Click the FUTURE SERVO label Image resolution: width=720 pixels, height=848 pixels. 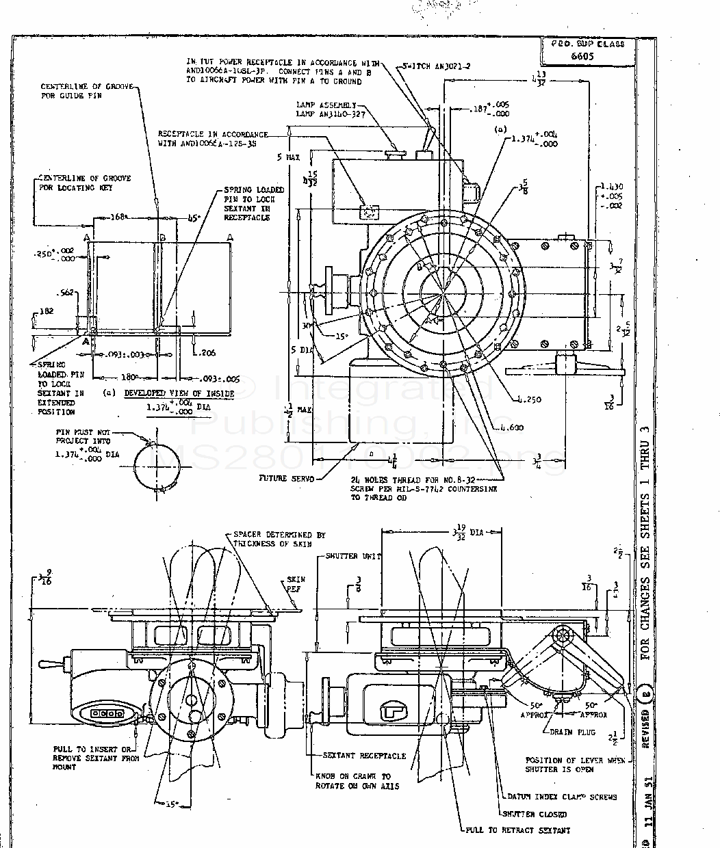pyautogui.click(x=286, y=478)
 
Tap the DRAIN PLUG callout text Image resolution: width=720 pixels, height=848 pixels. pyautogui.click(x=573, y=731)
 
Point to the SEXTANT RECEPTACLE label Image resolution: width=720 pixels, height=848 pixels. pyautogui.click(x=364, y=756)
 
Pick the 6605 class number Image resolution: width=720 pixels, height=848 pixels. pyautogui.click(x=582, y=57)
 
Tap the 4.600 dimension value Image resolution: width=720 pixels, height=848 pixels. pyautogui.click(x=511, y=427)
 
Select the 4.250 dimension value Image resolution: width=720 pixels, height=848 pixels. pyautogui.click(x=529, y=399)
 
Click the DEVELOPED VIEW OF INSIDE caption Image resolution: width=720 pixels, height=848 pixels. pyautogui.click(x=179, y=393)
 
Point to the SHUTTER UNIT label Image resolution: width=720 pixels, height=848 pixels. pyautogui.click(x=353, y=556)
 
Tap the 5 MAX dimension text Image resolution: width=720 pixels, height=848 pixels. pyautogui.click(x=288, y=157)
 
